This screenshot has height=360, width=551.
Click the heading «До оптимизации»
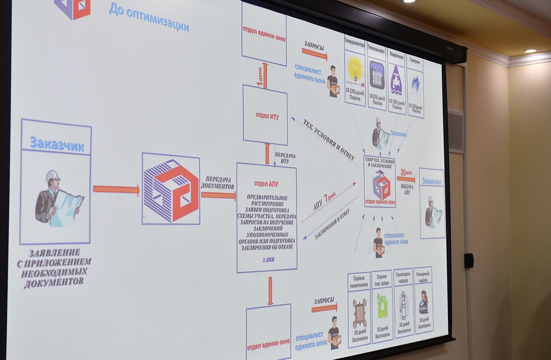[148, 18]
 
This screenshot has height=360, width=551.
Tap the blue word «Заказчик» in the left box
[57, 145]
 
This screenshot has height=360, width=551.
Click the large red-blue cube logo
[171, 190]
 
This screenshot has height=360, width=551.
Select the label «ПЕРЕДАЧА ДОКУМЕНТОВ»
[219, 183]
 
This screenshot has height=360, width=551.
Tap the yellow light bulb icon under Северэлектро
[355, 70]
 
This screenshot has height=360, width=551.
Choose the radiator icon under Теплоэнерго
[377, 75]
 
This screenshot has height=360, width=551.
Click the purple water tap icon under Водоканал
[396, 82]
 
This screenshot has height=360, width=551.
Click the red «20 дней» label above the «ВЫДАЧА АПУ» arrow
[406, 171]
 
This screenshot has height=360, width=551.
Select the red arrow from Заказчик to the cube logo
[116, 190]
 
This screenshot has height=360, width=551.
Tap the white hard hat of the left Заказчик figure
[52, 176]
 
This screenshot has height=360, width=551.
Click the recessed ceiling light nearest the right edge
[530, 51]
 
